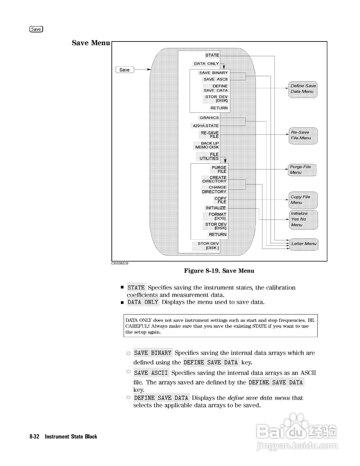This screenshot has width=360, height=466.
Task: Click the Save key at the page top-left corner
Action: pyautogui.click(x=36, y=29)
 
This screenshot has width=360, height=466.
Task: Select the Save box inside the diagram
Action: pyautogui.click(x=124, y=70)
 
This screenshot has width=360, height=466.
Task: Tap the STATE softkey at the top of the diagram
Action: pyautogui.click(x=212, y=55)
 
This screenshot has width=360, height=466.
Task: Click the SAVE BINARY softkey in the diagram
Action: pyautogui.click(x=213, y=73)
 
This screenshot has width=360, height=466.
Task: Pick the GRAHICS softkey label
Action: pyautogui.click(x=209, y=118)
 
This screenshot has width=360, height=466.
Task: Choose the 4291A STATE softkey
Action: pyautogui.click(x=206, y=126)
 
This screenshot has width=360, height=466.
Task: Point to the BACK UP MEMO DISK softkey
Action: pyautogui.click(x=207, y=145)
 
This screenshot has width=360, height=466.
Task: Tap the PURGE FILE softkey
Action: pyautogui.click(x=219, y=170)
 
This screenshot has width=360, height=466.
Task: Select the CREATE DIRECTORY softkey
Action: pyautogui.click(x=214, y=179)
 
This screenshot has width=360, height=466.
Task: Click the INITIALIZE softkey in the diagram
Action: pyautogui.click(x=216, y=208)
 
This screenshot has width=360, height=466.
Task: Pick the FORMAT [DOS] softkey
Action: pyautogui.click(x=217, y=216)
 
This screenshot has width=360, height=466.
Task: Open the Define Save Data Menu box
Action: pyautogui.click(x=303, y=89)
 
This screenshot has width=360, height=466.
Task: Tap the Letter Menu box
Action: pyautogui.click(x=304, y=244)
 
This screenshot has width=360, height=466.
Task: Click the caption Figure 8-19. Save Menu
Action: pyautogui.click(x=219, y=271)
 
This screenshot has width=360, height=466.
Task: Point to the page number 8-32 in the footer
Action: pyautogui.click(x=35, y=437)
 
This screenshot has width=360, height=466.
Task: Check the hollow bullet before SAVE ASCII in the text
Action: pyautogui.click(x=128, y=372)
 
